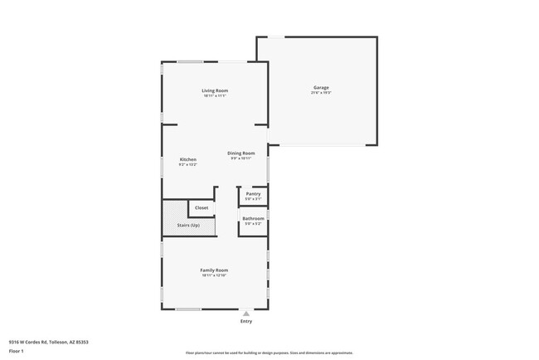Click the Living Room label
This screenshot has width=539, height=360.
coord(215,90)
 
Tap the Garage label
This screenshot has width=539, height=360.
coord(321,88)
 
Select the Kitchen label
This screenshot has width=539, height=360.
coord(188,159)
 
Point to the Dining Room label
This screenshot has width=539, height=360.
coord(242,153)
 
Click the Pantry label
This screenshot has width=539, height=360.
coord(253,194)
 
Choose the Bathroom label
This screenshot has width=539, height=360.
coord(253,218)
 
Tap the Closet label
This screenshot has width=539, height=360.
coord(202,207)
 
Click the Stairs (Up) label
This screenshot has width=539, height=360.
coord(188,226)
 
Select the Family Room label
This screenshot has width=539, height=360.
coord(214,270)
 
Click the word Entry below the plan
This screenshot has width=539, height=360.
coord(246,321)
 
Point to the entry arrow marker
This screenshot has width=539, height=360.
coord(245,313)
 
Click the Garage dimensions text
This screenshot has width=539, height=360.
coord(321,93)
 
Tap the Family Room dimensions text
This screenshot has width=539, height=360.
coord(214,275)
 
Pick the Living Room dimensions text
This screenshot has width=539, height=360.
coord(215,95)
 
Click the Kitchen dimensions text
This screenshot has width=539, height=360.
coord(188,164)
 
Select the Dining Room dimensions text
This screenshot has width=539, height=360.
coord(242,158)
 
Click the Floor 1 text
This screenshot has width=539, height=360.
coord(17,349)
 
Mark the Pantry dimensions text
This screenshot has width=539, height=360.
coord(253,199)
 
